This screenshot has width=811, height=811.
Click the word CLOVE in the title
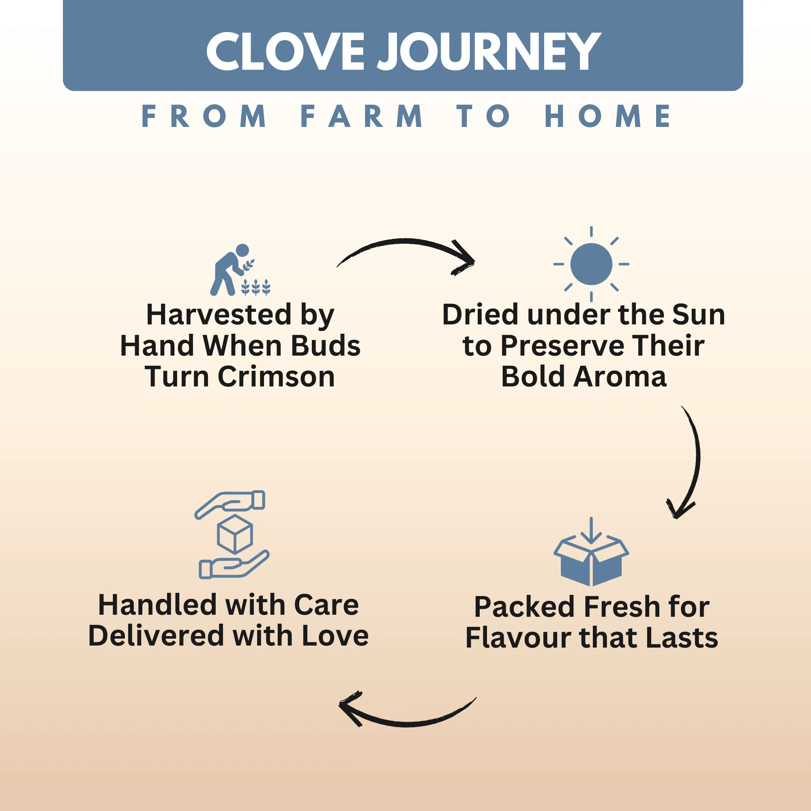click(x=285, y=51)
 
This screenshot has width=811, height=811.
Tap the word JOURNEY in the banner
click(x=489, y=51)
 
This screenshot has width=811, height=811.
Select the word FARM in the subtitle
click(x=361, y=116)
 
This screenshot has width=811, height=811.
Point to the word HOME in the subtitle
click(x=607, y=116)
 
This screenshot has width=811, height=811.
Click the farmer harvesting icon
click(x=240, y=270)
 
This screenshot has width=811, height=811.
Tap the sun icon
click(x=591, y=264)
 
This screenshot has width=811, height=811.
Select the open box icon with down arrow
click(x=591, y=551)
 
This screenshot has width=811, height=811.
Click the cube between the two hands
click(x=235, y=534)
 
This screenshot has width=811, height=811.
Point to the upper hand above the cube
click(x=230, y=504)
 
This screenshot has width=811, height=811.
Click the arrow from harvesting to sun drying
click(x=405, y=241)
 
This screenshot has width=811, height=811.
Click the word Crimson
click(x=276, y=377)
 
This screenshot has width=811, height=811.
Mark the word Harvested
click(x=219, y=314)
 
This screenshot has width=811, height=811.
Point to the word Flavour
click(x=518, y=638)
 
